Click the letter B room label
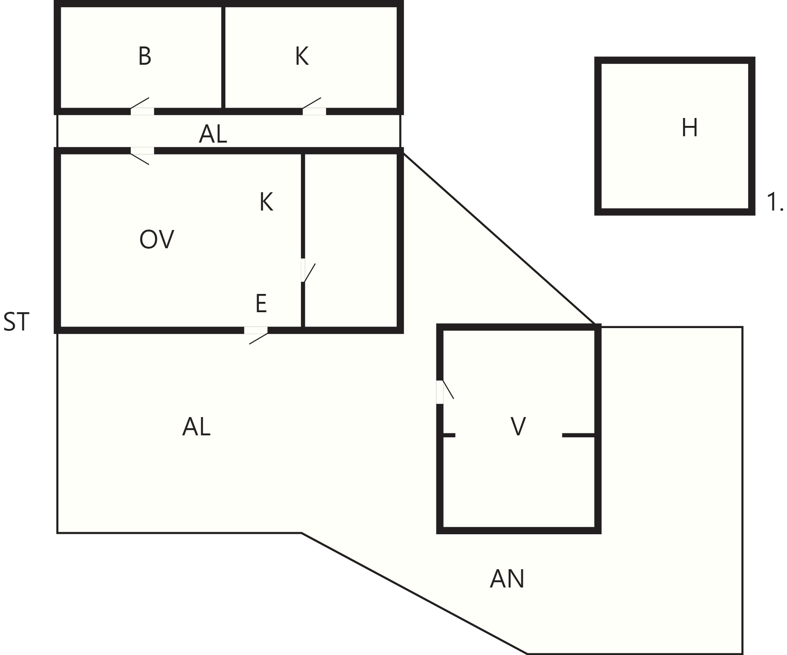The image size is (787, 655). (145, 56)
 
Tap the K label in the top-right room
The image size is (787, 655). (302, 56)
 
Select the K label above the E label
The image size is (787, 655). (266, 202)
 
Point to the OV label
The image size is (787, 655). (157, 240)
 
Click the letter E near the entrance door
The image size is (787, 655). (261, 303)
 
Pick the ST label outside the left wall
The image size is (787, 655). (16, 322)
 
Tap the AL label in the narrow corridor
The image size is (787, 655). (213, 134)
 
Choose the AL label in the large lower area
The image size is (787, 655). (196, 427)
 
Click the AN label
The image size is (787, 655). (507, 579)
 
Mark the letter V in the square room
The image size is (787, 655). (518, 427)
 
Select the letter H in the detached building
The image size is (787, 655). (690, 128)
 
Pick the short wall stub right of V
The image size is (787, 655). (578, 435)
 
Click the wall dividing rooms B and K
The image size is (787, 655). (223, 57)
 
